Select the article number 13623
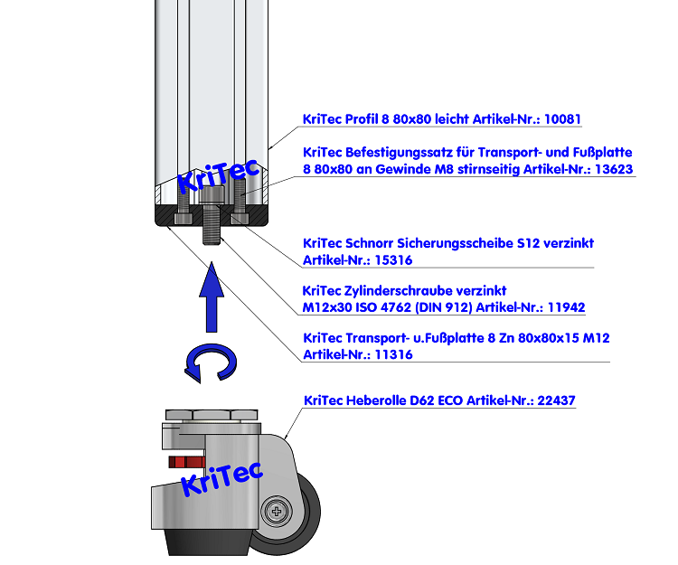613,169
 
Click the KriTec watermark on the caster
221,477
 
